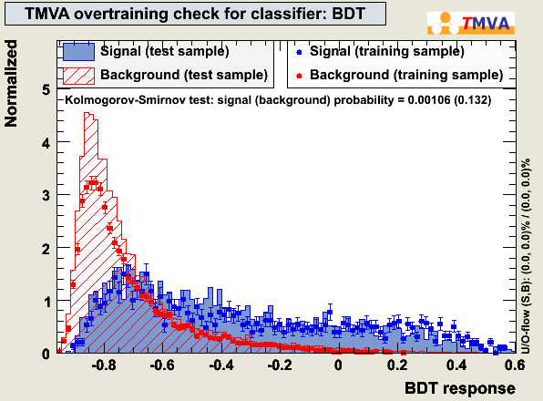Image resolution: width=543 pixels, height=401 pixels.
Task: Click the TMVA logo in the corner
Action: click(x=471, y=23)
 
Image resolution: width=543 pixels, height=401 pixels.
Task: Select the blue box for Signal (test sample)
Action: click(x=78, y=52)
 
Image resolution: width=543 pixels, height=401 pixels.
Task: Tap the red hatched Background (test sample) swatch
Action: click(x=78, y=76)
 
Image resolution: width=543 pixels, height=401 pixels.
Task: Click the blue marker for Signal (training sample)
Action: click(x=299, y=53)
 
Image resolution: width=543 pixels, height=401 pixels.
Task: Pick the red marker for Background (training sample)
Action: click(x=299, y=76)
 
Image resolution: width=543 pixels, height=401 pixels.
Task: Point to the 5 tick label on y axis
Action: click(x=46, y=90)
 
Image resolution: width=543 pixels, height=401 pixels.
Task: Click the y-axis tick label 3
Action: click(x=46, y=196)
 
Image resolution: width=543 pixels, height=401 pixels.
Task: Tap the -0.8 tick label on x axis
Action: click(x=104, y=365)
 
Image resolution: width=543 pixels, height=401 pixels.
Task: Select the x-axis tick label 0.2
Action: click(x=397, y=365)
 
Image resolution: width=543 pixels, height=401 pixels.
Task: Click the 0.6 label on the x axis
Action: click(x=514, y=365)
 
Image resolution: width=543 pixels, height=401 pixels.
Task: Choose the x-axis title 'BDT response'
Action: click(x=460, y=388)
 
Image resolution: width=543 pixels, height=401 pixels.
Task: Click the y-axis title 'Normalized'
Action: click(x=11, y=84)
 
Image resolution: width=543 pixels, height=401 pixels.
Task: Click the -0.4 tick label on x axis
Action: click(x=221, y=365)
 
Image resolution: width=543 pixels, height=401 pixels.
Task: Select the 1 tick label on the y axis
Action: click(x=46, y=302)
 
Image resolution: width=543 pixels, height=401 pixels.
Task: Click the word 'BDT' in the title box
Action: click(x=349, y=14)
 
